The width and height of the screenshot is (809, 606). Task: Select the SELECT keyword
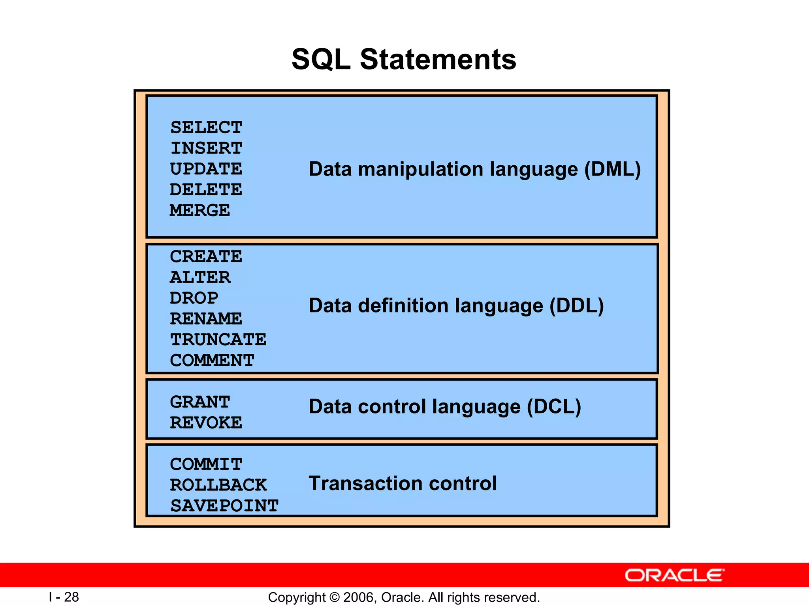point(206,127)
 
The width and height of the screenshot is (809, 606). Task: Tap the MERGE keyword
point(199,210)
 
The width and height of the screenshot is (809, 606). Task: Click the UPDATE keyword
point(206,169)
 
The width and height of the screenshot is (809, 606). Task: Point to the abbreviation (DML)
point(612,169)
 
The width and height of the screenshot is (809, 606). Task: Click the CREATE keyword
point(206,256)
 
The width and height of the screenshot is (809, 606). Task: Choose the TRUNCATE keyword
point(218,339)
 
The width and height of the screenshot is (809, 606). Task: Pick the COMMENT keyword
point(212,360)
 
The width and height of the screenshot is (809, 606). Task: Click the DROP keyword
point(194,298)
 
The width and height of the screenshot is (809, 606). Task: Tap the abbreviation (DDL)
point(577,306)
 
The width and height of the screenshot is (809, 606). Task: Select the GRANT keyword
point(199,402)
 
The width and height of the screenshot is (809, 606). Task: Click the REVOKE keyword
point(206,423)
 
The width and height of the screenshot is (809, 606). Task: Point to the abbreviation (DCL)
point(554,407)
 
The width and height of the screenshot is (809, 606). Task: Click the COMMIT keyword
point(206,464)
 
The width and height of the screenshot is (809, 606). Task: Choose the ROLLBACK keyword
point(218,485)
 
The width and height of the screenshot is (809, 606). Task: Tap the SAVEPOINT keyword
point(224,506)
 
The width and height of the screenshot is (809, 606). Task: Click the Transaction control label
point(403,483)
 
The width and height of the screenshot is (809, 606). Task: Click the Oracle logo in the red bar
point(674,575)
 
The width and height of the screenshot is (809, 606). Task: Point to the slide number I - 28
point(64,597)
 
